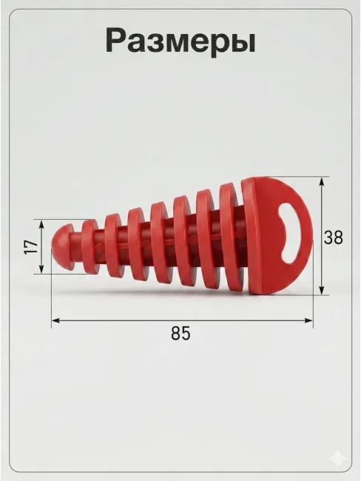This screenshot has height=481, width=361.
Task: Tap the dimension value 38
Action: [x=334, y=238]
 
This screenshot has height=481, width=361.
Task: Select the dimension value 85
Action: [x=180, y=333]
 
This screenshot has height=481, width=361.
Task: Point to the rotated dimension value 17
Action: [x=31, y=247]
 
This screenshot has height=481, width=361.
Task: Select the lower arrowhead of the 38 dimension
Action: [x=322, y=290]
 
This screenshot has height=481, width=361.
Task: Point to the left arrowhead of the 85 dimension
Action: [x=56, y=320]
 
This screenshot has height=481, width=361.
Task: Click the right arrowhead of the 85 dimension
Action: [x=308, y=320]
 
